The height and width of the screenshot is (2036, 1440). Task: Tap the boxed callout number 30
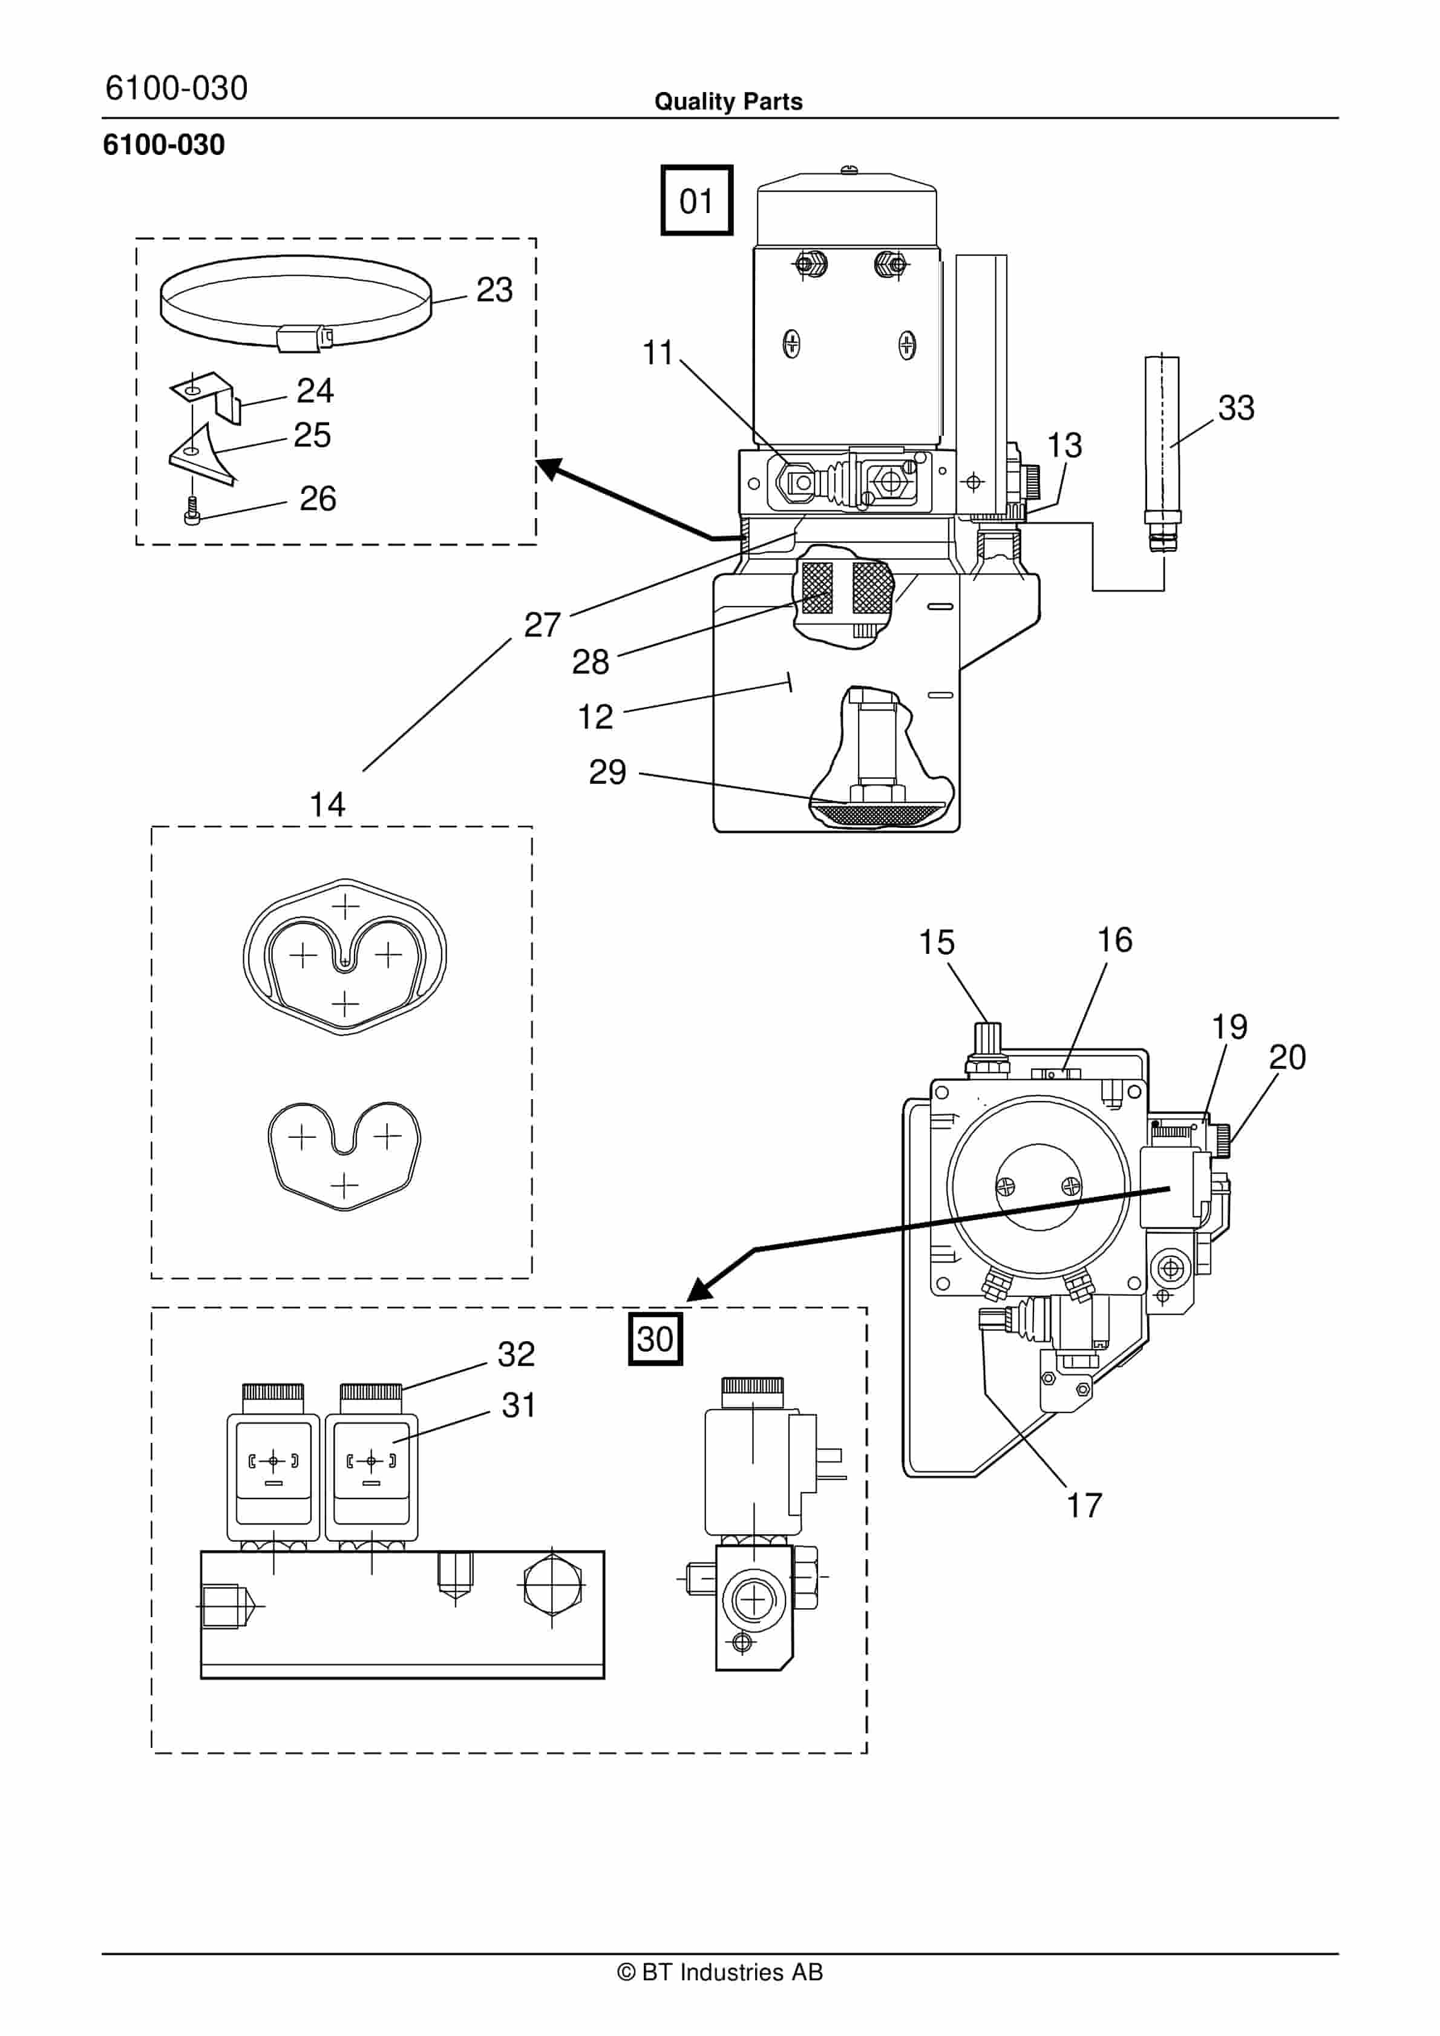pyautogui.click(x=655, y=1338)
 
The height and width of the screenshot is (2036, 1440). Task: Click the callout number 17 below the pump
pyautogui.click(x=1084, y=1505)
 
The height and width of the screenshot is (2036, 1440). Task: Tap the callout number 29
pyautogui.click(x=607, y=772)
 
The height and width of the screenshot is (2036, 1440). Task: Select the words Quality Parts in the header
pyautogui.click(x=728, y=102)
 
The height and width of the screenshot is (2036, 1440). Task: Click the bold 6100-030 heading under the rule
pyautogui.click(x=164, y=145)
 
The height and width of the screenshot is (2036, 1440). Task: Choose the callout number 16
pyautogui.click(x=1114, y=940)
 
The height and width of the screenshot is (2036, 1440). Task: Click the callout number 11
pyautogui.click(x=658, y=352)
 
